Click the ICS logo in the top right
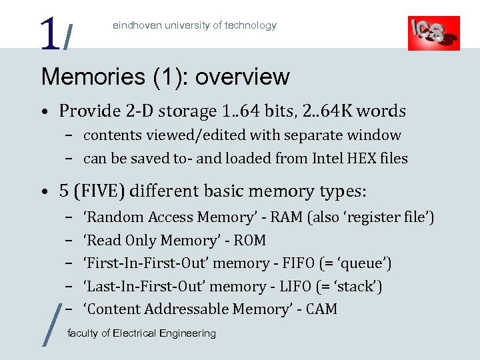point(433,33)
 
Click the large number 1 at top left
point(48,33)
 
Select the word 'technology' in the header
point(250,25)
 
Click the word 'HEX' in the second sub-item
point(354,159)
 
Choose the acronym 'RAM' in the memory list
point(287,217)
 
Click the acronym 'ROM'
point(250,241)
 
